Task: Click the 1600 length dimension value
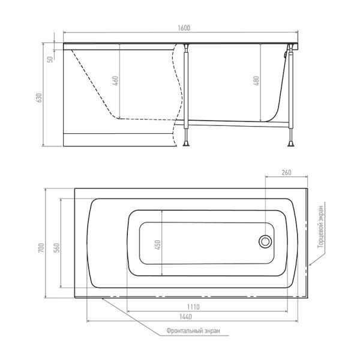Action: pyautogui.click(x=184, y=28)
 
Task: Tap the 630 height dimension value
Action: pyautogui.click(x=40, y=98)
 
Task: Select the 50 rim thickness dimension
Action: pyautogui.click(x=50, y=59)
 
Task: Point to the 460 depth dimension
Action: pyautogui.click(x=116, y=81)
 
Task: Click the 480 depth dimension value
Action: pyautogui.click(x=256, y=81)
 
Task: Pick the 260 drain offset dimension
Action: pyautogui.click(x=286, y=172)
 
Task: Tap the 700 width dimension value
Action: pyautogui.click(x=41, y=248)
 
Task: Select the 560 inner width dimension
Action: pyautogui.click(x=56, y=248)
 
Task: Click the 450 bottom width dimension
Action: pyautogui.click(x=158, y=245)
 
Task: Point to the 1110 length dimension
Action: pyautogui.click(x=193, y=307)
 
